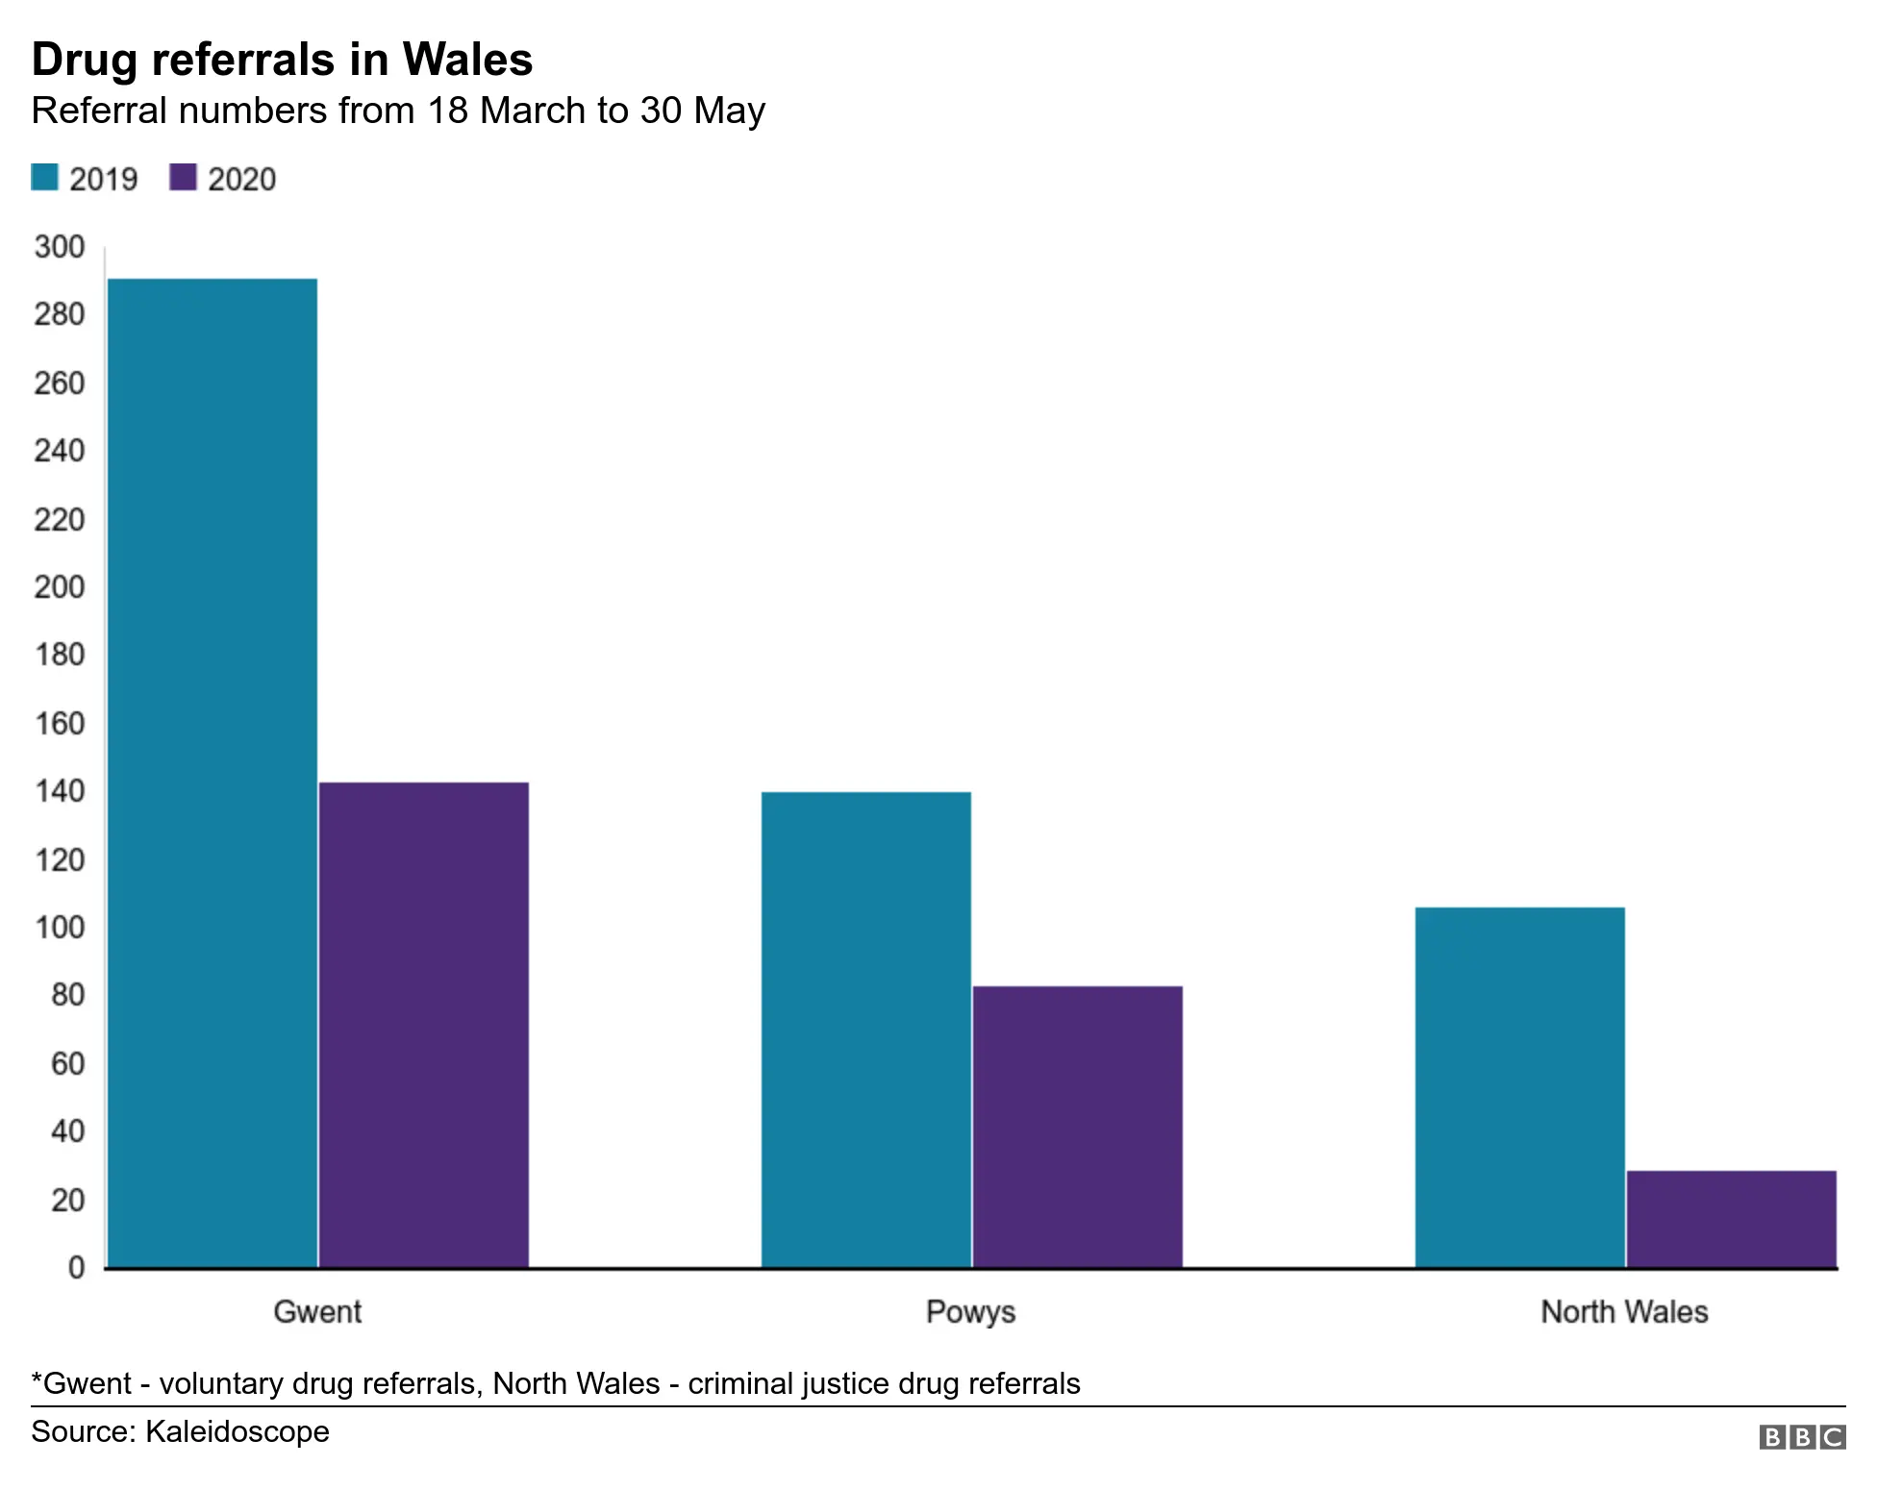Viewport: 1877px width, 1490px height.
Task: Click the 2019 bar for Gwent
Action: tap(213, 773)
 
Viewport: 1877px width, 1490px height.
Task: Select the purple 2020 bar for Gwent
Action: tap(424, 1025)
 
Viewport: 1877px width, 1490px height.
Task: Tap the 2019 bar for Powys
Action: tap(866, 1030)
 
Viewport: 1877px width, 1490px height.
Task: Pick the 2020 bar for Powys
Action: tap(1078, 1127)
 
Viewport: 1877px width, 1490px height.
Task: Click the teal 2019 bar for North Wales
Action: tap(1520, 1087)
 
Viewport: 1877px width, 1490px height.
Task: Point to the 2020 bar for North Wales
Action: tap(1732, 1219)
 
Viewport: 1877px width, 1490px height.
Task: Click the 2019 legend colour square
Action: tap(45, 178)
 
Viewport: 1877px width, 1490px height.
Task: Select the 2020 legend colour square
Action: tap(183, 178)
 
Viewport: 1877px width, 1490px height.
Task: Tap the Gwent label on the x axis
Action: tap(317, 1312)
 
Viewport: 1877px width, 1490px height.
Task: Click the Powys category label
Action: tap(970, 1312)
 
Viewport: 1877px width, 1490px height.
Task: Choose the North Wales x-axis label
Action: tap(1624, 1312)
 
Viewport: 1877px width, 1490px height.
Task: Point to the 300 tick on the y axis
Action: tap(60, 247)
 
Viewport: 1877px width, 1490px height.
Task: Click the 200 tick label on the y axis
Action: tap(60, 587)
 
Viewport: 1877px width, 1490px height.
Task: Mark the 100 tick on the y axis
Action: tap(60, 928)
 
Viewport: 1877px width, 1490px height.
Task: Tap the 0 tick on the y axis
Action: tap(77, 1268)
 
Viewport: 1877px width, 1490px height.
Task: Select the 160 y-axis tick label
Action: tap(60, 724)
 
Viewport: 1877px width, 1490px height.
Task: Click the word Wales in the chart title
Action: tap(467, 60)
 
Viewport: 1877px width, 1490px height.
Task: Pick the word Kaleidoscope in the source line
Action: tap(237, 1431)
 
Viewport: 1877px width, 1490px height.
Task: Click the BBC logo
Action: tap(1802, 1437)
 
